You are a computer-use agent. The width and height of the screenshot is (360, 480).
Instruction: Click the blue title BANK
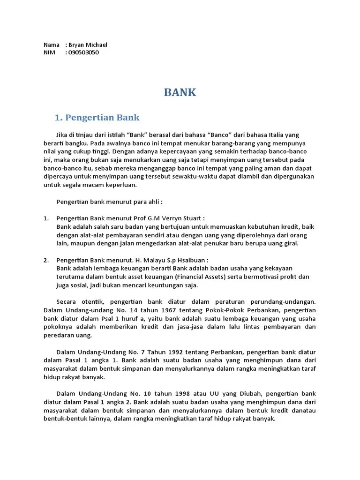pyautogui.click(x=180, y=92)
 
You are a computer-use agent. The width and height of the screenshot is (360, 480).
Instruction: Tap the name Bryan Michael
pyautogui.click(x=88, y=45)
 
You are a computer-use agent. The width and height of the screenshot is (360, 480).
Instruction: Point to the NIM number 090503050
pyautogui.click(x=83, y=52)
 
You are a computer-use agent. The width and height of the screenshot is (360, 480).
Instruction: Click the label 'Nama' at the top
pyautogui.click(x=51, y=45)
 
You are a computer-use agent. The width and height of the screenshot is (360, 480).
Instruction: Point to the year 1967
pyautogui.click(x=174, y=310)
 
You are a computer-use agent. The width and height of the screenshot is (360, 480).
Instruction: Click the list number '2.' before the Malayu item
pyautogui.click(x=46, y=260)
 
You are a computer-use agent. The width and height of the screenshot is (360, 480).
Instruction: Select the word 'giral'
pyautogui.click(x=289, y=244)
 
